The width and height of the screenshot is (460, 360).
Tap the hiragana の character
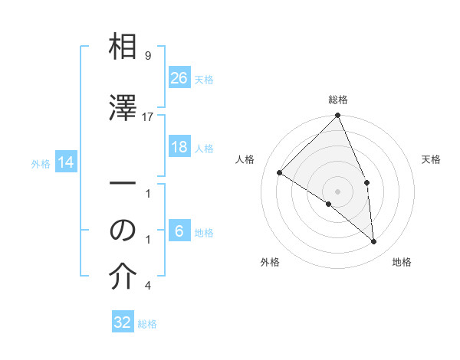[123, 230]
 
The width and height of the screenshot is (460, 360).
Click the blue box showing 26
[179, 77]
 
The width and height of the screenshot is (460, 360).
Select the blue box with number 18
[179, 147]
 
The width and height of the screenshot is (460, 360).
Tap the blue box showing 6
[179, 231]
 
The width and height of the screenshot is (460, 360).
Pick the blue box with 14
[66, 162]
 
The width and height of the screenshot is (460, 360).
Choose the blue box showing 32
[123, 322]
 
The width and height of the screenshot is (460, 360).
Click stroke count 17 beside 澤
[148, 116]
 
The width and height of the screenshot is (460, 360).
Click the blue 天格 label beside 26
[204, 79]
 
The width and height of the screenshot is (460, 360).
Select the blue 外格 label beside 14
[41, 163]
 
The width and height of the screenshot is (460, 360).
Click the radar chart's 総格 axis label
[338, 100]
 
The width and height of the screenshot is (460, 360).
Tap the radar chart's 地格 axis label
[402, 262]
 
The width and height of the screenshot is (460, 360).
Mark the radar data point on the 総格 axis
[338, 116]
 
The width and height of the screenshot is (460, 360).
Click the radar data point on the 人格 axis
[280, 173]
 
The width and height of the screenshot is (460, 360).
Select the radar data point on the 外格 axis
[329, 204]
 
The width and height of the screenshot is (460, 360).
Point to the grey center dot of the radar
[338, 191]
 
